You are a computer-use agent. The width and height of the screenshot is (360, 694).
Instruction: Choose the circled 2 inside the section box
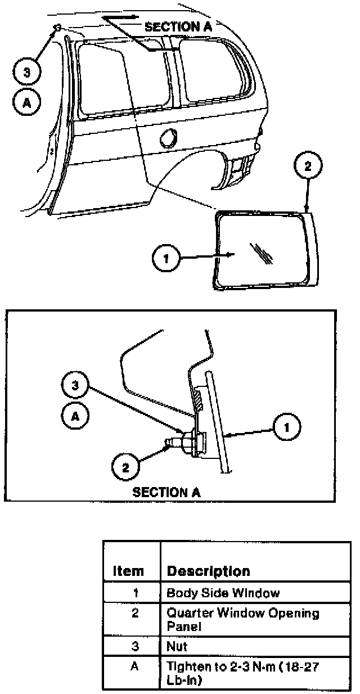pyautogui.click(x=125, y=466)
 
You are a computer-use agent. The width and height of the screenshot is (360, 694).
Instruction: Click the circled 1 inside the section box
pyautogui.click(x=287, y=428)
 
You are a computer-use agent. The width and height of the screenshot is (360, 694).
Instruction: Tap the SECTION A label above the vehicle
pyautogui.click(x=172, y=26)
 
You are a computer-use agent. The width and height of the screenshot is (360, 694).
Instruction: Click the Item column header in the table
pyautogui.click(x=128, y=571)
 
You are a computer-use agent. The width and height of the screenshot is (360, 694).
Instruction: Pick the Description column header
pyautogui.click(x=208, y=571)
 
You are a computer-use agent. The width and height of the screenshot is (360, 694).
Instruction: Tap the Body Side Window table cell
pyautogui.click(x=223, y=593)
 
